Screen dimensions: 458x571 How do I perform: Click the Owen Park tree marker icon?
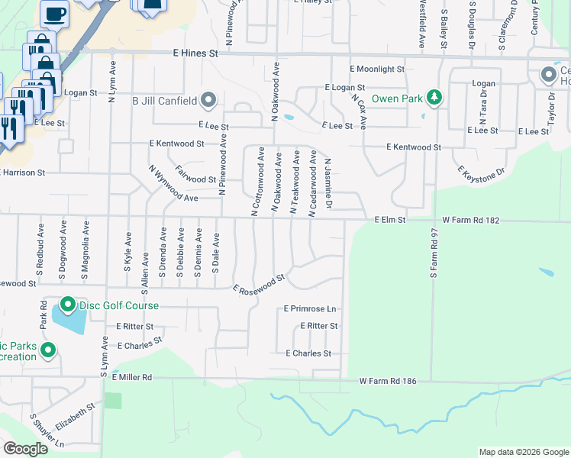[x=434, y=98]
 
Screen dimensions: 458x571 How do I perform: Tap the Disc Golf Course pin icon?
[x=67, y=306]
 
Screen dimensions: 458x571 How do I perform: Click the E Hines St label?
[x=195, y=54]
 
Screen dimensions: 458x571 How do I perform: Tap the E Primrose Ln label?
[x=309, y=309]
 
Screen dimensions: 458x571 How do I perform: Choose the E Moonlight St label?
[x=376, y=69]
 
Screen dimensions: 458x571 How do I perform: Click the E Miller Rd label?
[x=131, y=377]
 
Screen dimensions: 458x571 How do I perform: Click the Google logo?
[x=25, y=449]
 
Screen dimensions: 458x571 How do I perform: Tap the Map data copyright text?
[x=523, y=452]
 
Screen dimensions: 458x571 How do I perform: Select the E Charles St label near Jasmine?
[x=308, y=353]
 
